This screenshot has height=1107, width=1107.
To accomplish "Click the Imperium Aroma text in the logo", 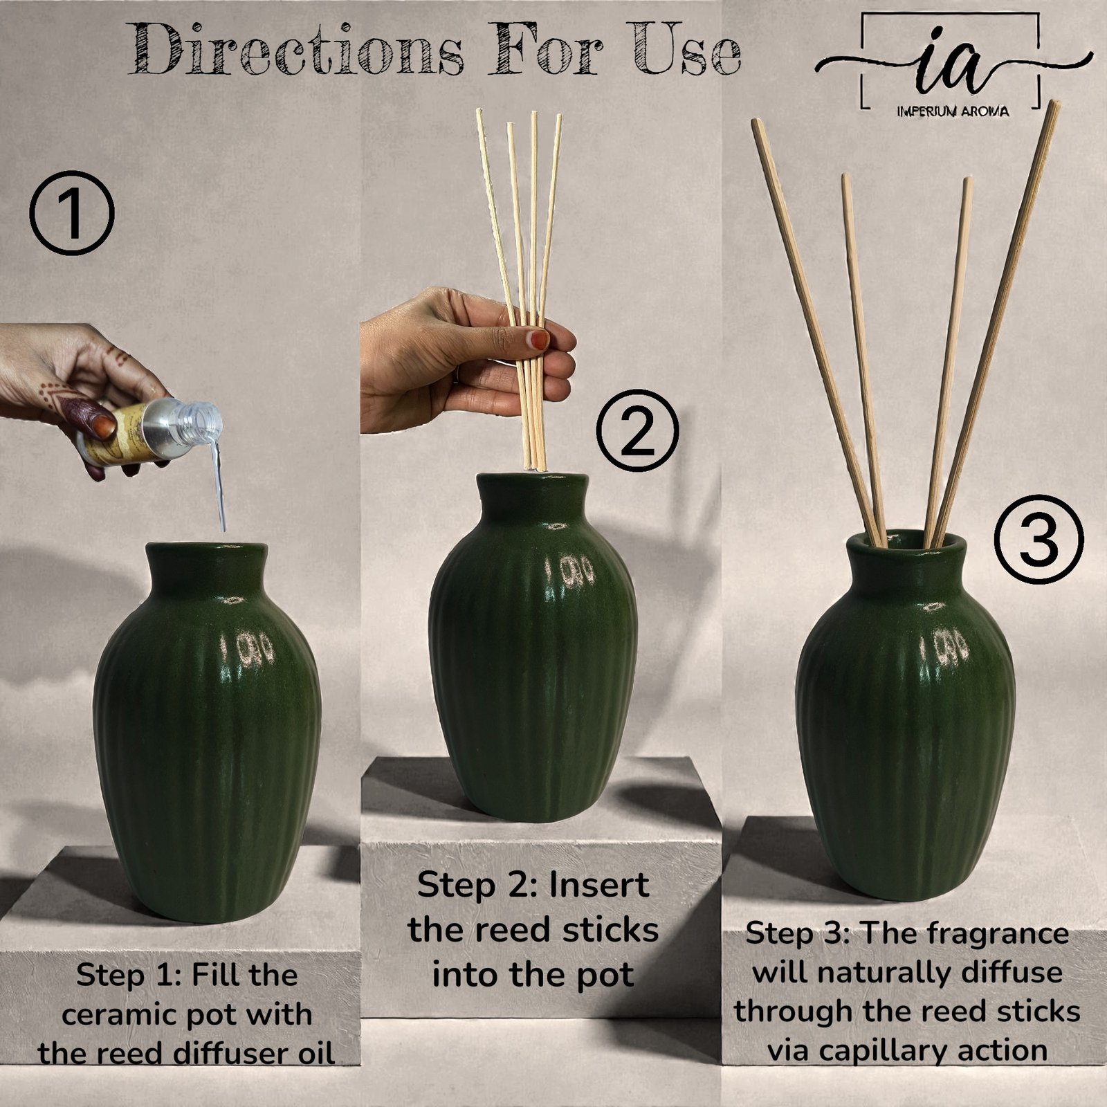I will pos(952,111).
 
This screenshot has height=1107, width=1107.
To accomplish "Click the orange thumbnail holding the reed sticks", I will pos(538,339).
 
